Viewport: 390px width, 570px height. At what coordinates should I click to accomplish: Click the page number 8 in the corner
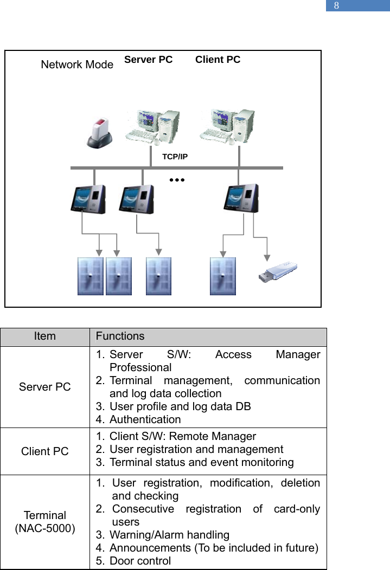[x=336, y=6]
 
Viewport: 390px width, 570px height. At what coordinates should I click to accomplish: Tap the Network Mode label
[x=77, y=65]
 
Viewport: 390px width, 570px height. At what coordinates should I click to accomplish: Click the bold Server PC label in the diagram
[x=148, y=60]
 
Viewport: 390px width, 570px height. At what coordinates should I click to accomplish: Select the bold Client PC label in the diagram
[x=218, y=60]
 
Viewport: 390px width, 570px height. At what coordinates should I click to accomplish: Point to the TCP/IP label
[x=175, y=157]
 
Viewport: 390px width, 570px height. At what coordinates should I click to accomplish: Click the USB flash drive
[x=277, y=272]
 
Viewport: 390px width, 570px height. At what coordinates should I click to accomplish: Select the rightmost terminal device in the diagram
[x=241, y=198]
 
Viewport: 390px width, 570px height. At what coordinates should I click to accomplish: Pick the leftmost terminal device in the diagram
[x=88, y=199]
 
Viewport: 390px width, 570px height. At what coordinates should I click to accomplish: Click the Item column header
[x=44, y=336]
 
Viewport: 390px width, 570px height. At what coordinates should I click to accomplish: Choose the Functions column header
[x=120, y=336]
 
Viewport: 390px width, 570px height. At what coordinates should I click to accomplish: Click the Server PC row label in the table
[x=44, y=387]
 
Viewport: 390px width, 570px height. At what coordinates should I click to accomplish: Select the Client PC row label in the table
[x=44, y=451]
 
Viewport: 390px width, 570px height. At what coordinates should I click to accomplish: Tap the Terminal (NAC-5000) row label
[x=44, y=522]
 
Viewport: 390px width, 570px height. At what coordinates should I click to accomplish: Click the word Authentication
[x=145, y=419]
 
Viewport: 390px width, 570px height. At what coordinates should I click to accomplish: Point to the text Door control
[x=140, y=561]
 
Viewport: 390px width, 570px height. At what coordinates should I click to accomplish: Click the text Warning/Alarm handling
[x=169, y=535]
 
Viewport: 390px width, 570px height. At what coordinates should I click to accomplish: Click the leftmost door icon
[x=90, y=276]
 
